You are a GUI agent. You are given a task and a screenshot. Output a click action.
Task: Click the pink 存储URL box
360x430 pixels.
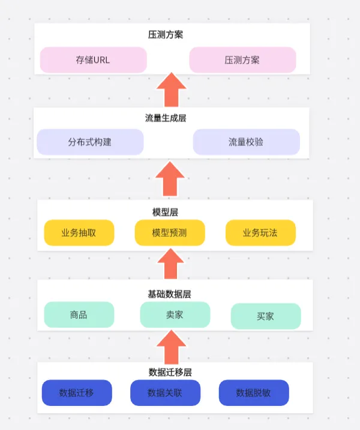point(93,60)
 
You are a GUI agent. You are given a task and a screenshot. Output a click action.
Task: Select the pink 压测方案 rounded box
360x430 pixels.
point(242,60)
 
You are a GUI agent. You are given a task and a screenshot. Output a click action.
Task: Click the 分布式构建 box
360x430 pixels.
point(90,142)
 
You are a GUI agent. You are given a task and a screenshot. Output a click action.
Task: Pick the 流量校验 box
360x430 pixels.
point(246,142)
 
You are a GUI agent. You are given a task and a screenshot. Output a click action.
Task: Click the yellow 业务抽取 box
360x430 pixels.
point(79,233)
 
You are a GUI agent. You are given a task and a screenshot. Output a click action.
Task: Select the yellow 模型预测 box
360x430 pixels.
point(169,233)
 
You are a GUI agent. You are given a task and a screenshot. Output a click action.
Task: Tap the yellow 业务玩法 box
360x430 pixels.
point(260,233)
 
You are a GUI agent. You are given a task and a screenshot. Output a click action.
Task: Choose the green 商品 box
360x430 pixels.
point(79,315)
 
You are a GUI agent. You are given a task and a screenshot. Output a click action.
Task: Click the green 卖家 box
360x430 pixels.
point(175,315)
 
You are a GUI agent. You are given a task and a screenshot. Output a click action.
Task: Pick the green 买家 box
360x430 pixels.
point(265,316)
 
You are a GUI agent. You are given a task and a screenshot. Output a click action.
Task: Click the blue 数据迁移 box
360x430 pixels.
point(77,393)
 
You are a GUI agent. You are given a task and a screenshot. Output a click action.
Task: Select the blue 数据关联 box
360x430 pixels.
point(165,393)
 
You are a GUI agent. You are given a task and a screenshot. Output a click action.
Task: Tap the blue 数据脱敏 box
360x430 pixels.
point(253,393)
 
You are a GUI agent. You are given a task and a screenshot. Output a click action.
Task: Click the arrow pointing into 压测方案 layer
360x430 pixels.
point(172,90)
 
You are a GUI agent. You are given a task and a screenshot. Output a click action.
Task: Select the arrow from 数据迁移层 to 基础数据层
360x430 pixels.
point(171,347)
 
